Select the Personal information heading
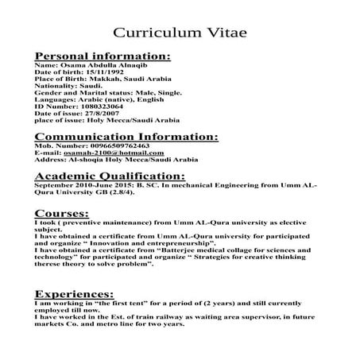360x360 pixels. pyautogui.click(x=103, y=56)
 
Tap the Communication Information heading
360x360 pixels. pyautogui.click(x=126, y=137)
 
